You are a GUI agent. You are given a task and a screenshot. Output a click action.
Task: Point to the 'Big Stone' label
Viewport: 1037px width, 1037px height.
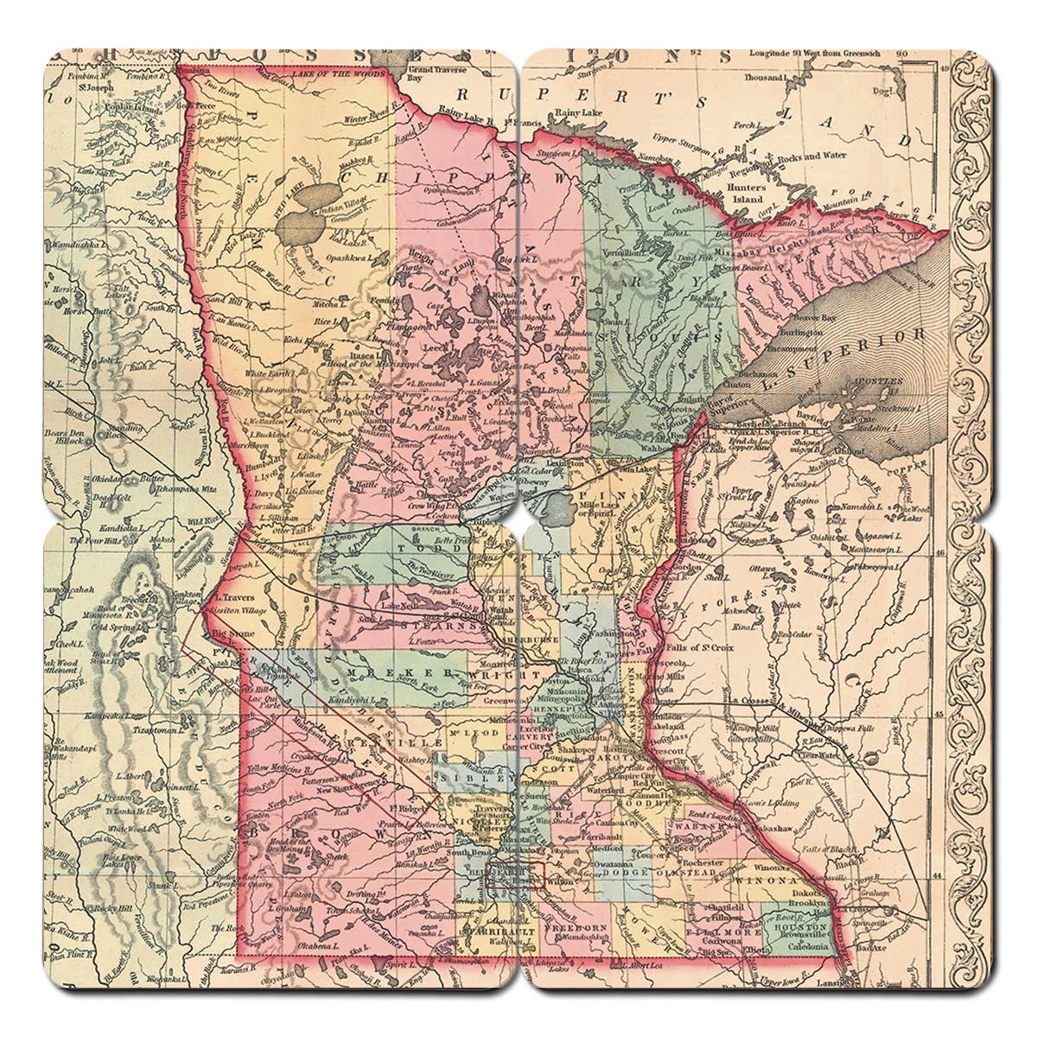(226, 633)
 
